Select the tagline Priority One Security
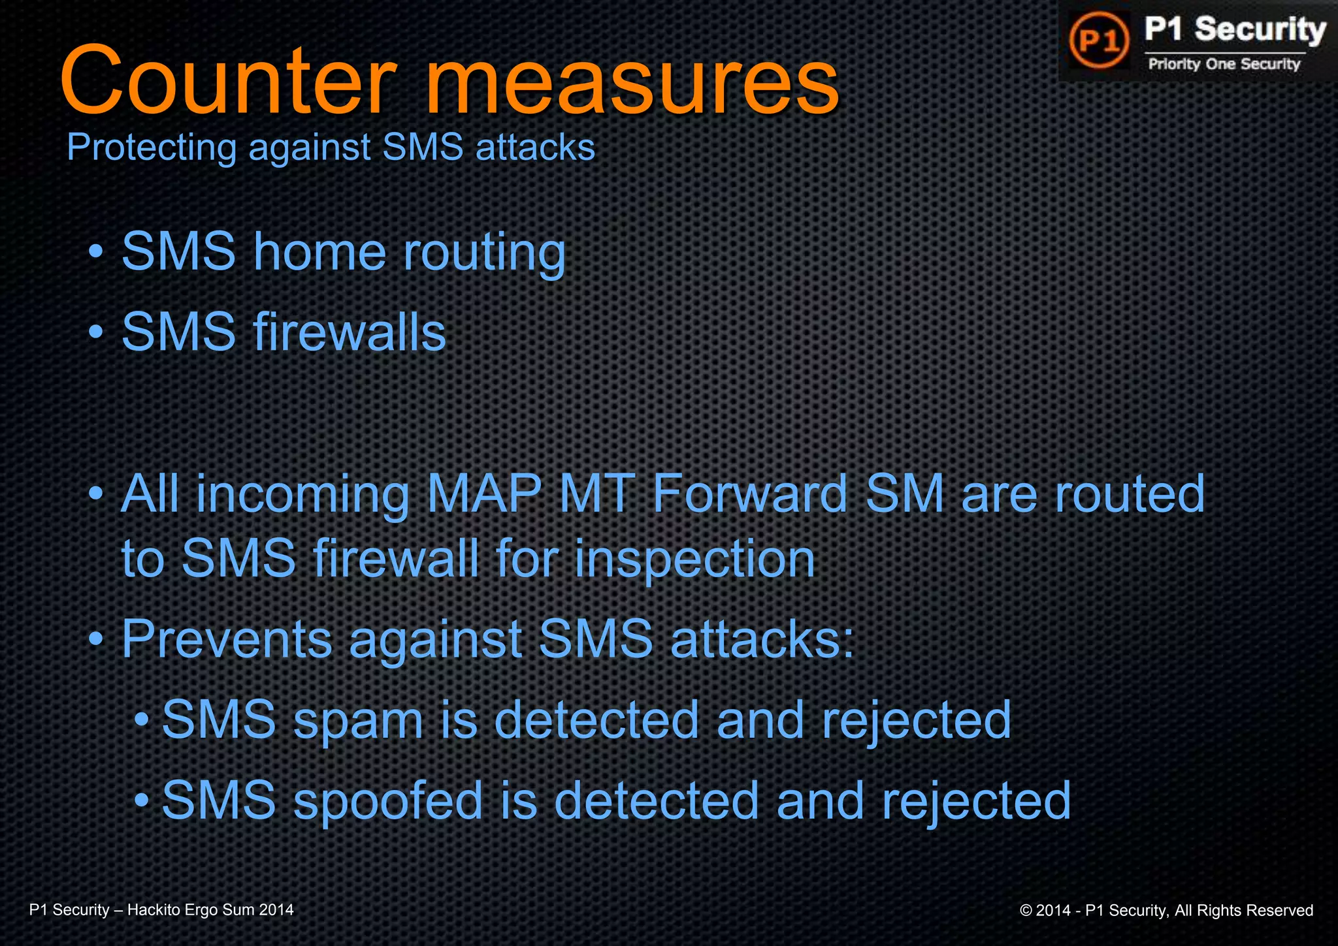(1224, 64)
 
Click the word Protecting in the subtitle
(152, 148)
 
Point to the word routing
(484, 253)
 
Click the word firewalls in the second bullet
(350, 332)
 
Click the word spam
(359, 720)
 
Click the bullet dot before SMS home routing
(96, 252)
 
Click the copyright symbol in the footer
(1026, 911)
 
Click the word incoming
(303, 495)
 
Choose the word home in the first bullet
(319, 252)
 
